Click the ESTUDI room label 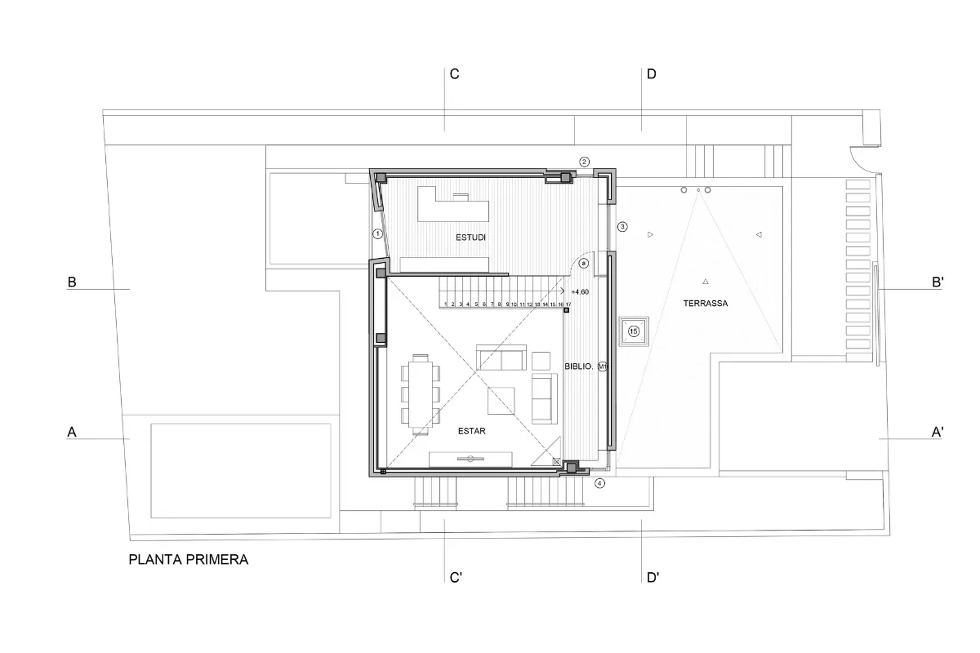tap(471, 238)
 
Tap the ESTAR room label tap(473, 432)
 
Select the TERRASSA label tap(706, 303)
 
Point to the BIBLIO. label tap(579, 367)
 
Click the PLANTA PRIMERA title tap(189, 560)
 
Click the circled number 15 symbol tap(634, 331)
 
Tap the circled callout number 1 tap(377, 233)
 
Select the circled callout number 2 tap(584, 162)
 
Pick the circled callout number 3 tap(622, 226)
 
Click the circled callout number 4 tap(600, 483)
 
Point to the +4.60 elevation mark tap(580, 291)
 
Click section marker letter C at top tap(455, 74)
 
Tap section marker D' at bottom tap(653, 578)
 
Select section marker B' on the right tap(938, 282)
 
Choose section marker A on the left tap(72, 433)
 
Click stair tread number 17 tap(568, 304)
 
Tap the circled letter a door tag tap(583, 264)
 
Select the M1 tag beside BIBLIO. tap(603, 367)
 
